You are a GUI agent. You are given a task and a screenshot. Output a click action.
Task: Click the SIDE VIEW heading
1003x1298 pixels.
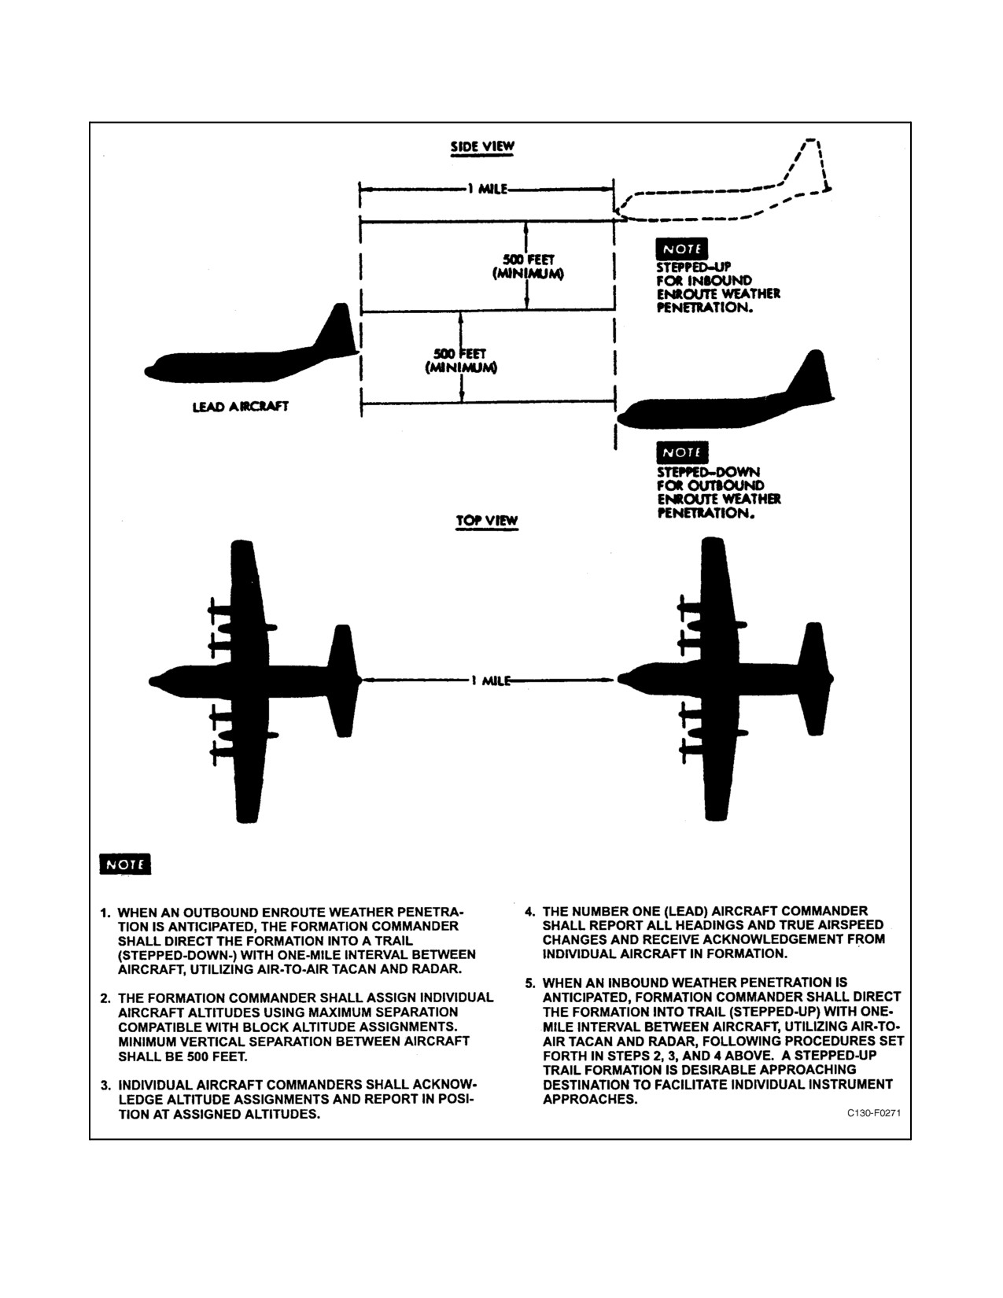click(x=482, y=146)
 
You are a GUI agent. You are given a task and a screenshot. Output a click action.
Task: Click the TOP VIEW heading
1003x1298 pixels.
click(x=487, y=520)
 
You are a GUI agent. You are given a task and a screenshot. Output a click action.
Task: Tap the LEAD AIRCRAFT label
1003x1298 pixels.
click(x=240, y=407)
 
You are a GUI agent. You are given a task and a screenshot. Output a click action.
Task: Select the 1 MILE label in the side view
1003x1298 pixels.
click(x=488, y=189)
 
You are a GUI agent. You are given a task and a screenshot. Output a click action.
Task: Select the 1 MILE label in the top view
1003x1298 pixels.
click(x=491, y=680)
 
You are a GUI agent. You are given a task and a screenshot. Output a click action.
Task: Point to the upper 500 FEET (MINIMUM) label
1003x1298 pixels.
click(x=528, y=267)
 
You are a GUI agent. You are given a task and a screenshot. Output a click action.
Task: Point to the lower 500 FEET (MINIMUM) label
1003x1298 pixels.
click(x=460, y=361)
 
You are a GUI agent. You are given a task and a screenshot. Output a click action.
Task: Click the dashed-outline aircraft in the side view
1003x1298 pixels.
click(x=723, y=183)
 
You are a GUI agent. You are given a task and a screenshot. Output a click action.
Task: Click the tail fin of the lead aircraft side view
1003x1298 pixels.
click(x=337, y=329)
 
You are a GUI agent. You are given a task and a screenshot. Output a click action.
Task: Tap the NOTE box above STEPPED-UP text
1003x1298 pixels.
click(x=681, y=249)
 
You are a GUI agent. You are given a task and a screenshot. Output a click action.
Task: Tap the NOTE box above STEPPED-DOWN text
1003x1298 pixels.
click(x=682, y=453)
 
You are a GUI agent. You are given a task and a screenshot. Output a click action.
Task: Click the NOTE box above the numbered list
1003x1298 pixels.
click(x=125, y=865)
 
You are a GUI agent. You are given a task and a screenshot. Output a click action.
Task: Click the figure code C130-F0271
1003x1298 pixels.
click(x=873, y=1113)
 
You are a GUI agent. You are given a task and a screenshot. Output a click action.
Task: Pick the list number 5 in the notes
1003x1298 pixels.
click(x=529, y=983)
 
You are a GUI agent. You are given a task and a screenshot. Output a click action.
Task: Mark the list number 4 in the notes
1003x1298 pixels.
click(x=529, y=912)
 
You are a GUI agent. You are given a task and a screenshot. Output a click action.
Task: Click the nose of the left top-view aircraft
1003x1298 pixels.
click(x=153, y=681)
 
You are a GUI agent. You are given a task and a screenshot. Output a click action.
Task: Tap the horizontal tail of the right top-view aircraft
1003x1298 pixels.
click(x=814, y=679)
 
